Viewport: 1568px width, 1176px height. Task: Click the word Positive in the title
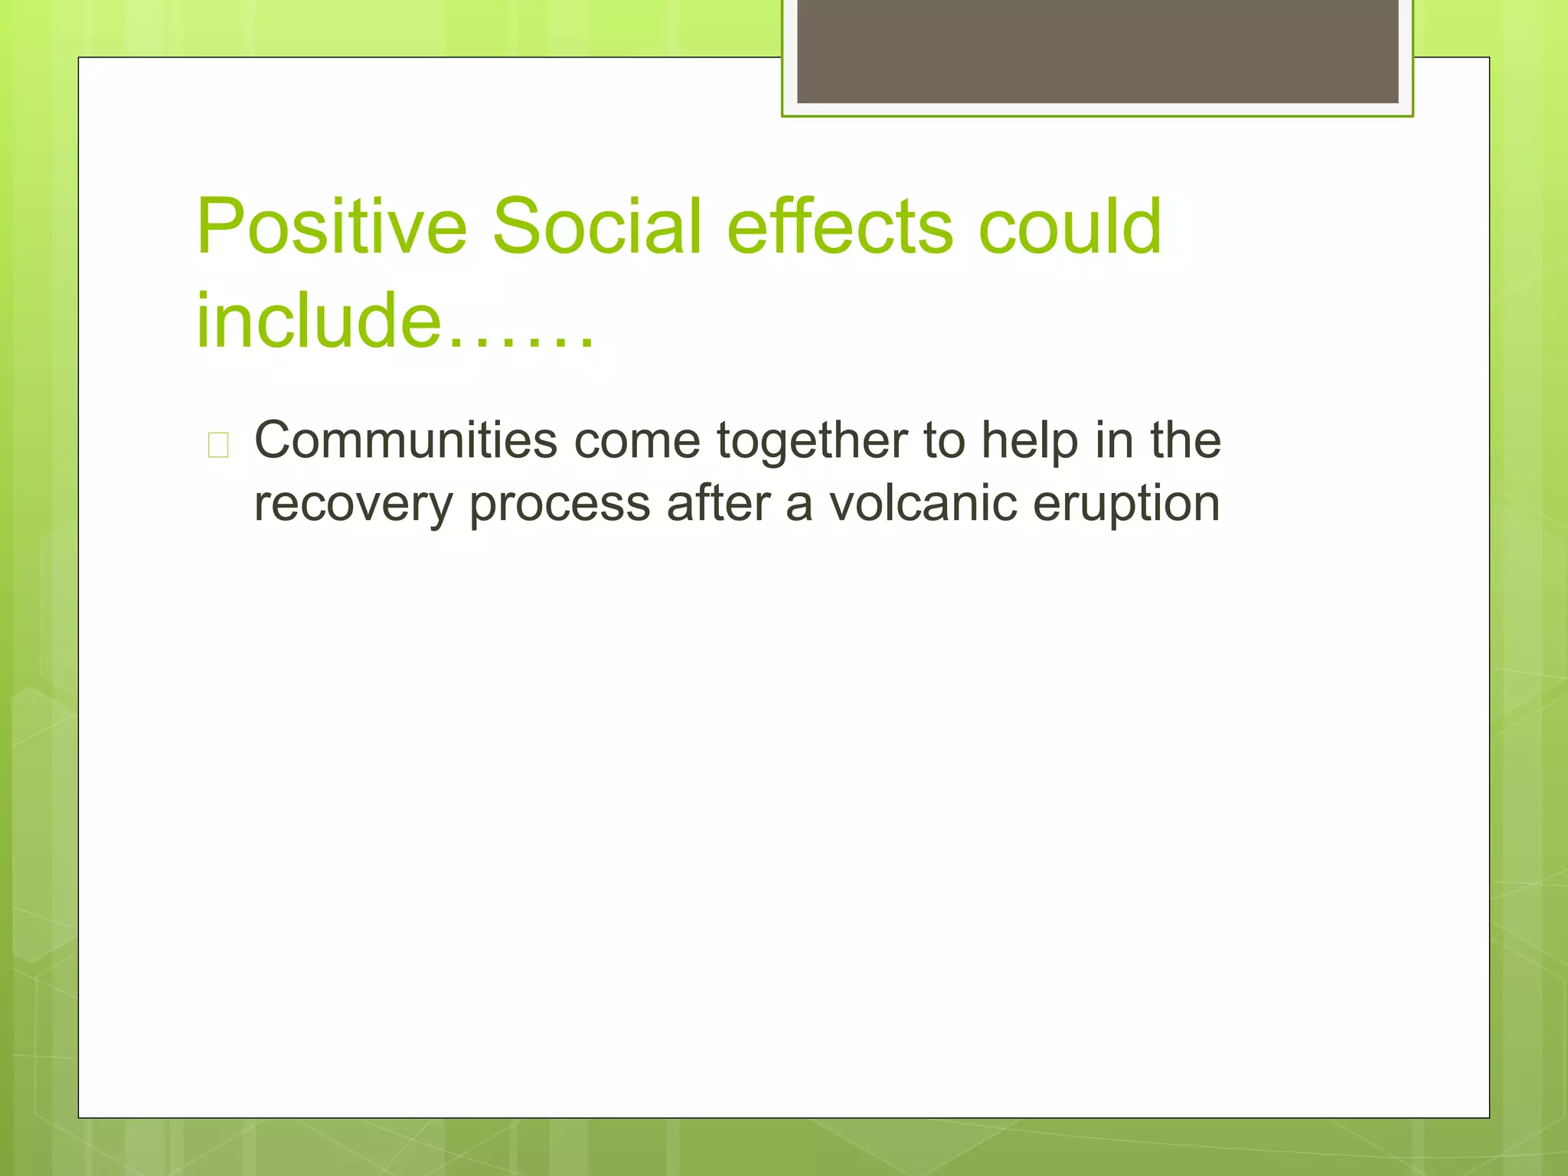(x=331, y=227)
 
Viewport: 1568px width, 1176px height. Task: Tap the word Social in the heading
(x=596, y=227)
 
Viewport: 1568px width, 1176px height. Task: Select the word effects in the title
(x=840, y=227)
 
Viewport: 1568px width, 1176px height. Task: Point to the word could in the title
(x=1070, y=227)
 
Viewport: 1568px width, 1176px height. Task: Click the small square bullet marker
(x=218, y=445)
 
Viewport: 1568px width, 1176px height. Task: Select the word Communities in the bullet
(x=406, y=441)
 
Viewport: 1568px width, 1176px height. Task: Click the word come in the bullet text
(x=637, y=441)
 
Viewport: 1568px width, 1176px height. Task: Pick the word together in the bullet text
(x=812, y=443)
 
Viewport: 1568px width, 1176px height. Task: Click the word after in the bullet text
(x=718, y=504)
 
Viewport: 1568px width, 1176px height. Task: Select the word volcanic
(x=923, y=504)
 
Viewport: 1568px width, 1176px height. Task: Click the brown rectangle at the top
(x=1097, y=51)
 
